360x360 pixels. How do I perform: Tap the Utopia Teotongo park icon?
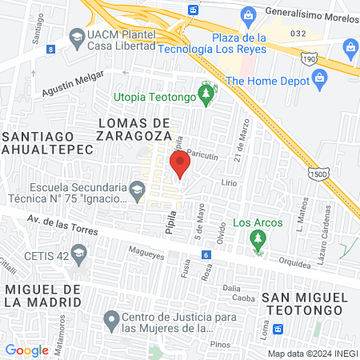206,95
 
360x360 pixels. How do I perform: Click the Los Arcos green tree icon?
257,238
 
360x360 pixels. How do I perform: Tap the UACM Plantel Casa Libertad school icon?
76,37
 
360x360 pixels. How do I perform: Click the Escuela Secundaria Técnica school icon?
137,190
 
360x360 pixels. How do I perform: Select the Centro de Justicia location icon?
112,322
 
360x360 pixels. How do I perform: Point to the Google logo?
26,350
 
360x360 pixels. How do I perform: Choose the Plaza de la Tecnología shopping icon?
248,14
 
